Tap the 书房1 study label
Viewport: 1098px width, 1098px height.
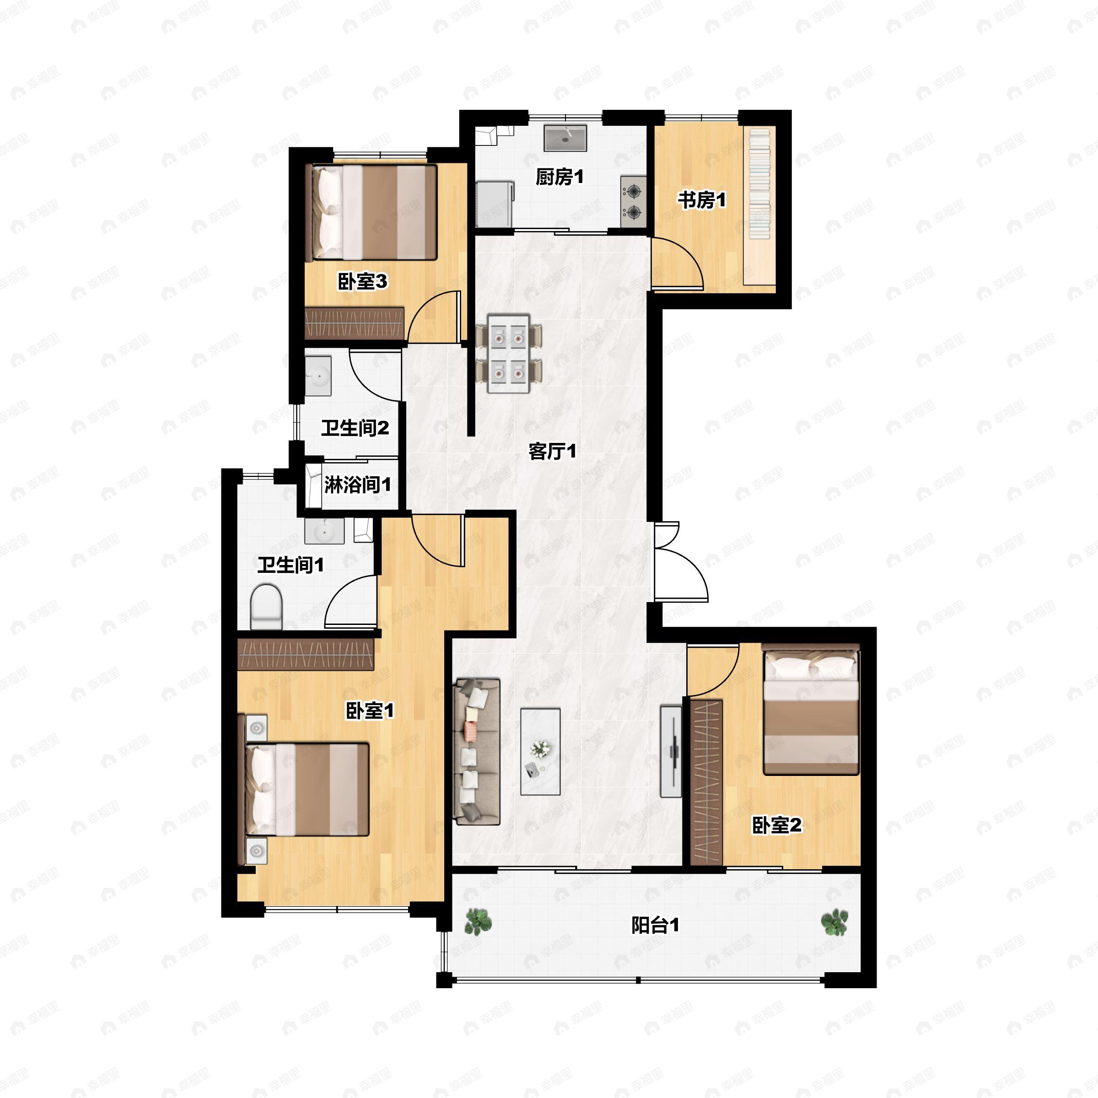tap(701, 200)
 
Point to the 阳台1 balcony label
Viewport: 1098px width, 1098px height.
tap(655, 925)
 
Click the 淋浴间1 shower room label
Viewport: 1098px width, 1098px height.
tap(357, 485)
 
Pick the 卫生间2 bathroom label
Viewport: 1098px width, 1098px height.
tap(355, 428)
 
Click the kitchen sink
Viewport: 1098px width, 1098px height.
tap(565, 138)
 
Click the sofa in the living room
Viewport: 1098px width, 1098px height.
tap(476, 751)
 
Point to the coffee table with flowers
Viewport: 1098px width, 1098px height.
tap(540, 751)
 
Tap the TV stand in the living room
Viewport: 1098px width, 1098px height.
tap(671, 751)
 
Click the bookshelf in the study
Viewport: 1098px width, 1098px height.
tap(759, 206)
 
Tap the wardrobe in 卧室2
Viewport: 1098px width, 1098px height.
tap(706, 783)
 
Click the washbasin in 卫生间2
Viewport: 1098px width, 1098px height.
tap(318, 376)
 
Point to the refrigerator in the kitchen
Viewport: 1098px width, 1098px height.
tap(495, 204)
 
